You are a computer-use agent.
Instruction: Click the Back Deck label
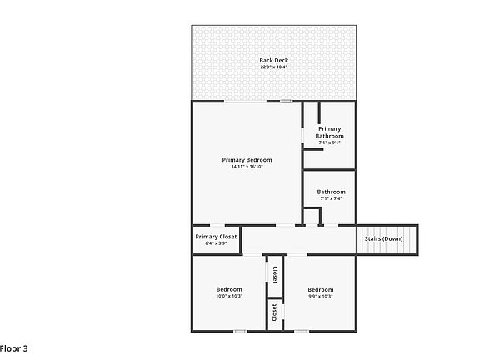click(x=273, y=60)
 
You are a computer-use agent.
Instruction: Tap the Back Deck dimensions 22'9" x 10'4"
click(x=273, y=67)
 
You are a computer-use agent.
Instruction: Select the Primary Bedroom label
click(x=247, y=160)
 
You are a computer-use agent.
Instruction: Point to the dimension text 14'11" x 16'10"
click(x=247, y=167)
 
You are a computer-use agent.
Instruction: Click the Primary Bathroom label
click(x=329, y=132)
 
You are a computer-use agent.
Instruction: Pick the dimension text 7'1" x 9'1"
click(x=329, y=142)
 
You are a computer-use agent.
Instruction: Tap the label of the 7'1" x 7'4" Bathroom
click(x=331, y=192)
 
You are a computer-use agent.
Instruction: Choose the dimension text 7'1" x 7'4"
click(x=331, y=198)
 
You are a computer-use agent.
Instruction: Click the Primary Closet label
click(x=217, y=237)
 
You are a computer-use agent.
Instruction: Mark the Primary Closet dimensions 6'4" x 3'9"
click(x=217, y=243)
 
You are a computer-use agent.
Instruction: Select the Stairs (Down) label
click(x=383, y=239)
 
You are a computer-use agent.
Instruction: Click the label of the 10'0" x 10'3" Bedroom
click(x=229, y=289)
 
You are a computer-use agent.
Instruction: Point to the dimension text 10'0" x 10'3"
click(x=229, y=296)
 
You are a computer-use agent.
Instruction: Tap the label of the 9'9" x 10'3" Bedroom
click(x=320, y=289)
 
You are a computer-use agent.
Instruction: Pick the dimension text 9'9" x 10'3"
click(x=320, y=296)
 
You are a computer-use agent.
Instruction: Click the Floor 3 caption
click(x=14, y=347)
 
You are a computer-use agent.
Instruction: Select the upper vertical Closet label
click(x=275, y=273)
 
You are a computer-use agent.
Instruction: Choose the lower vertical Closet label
click(x=274, y=312)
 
